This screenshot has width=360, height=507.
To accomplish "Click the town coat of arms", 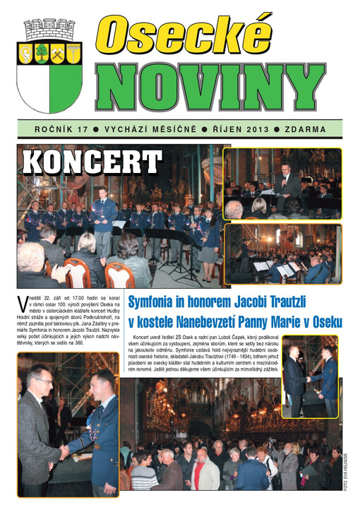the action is [x=49, y=66].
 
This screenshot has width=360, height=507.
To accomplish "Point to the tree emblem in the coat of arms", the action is [x=42, y=52].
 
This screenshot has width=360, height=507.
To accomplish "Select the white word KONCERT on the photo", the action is [x=92, y=162].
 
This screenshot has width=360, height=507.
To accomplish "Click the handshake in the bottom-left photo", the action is [x=63, y=451].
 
